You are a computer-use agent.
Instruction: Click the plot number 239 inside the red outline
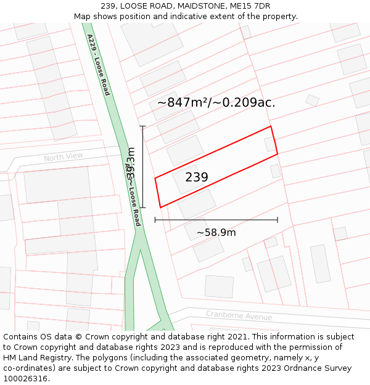tap(197, 177)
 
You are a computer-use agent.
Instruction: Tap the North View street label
tap(63, 157)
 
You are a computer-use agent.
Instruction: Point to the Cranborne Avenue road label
tap(239, 316)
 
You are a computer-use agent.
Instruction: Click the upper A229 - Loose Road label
tap(98, 65)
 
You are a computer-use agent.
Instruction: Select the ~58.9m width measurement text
tap(216, 232)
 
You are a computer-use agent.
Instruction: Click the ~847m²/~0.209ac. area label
tap(216, 102)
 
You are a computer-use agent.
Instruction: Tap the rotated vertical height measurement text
tap(131, 166)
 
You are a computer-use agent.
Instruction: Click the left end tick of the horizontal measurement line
tap(155, 220)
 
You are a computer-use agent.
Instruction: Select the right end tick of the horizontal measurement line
tap(277, 220)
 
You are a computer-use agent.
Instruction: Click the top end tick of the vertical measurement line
tap(142, 126)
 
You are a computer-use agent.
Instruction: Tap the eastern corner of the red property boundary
tap(277, 154)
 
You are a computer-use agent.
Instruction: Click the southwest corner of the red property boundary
tap(160, 208)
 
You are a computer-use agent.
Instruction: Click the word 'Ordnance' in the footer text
tap(295, 368)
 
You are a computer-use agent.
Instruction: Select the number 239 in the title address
tap(109, 6)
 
